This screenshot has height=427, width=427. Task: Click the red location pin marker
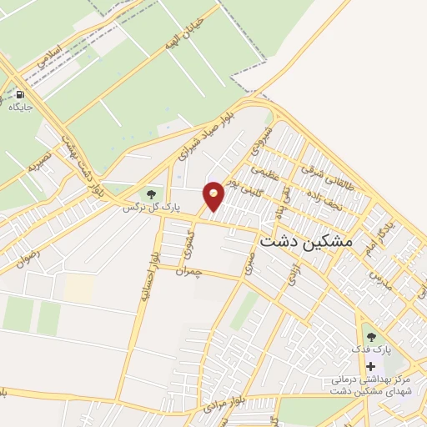[214, 195]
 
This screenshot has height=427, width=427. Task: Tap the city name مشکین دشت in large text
[307, 242]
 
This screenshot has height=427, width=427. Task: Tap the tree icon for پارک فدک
[371, 336]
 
